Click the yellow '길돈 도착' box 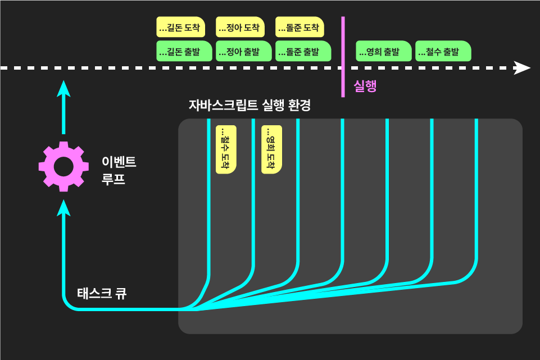click(x=180, y=27)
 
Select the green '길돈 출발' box click(x=184, y=51)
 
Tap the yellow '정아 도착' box click(x=240, y=27)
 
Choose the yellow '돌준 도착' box click(x=300, y=27)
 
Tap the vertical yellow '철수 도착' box click(x=226, y=149)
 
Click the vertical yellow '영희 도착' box click(x=271, y=149)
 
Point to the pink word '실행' click(x=365, y=86)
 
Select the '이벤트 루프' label click(x=119, y=171)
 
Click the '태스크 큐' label click(x=102, y=293)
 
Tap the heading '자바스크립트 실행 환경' click(x=249, y=105)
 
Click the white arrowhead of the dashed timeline click(x=523, y=68)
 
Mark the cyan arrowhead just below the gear click(x=63, y=208)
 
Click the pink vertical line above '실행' click(x=343, y=45)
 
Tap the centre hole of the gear click(x=63, y=166)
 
